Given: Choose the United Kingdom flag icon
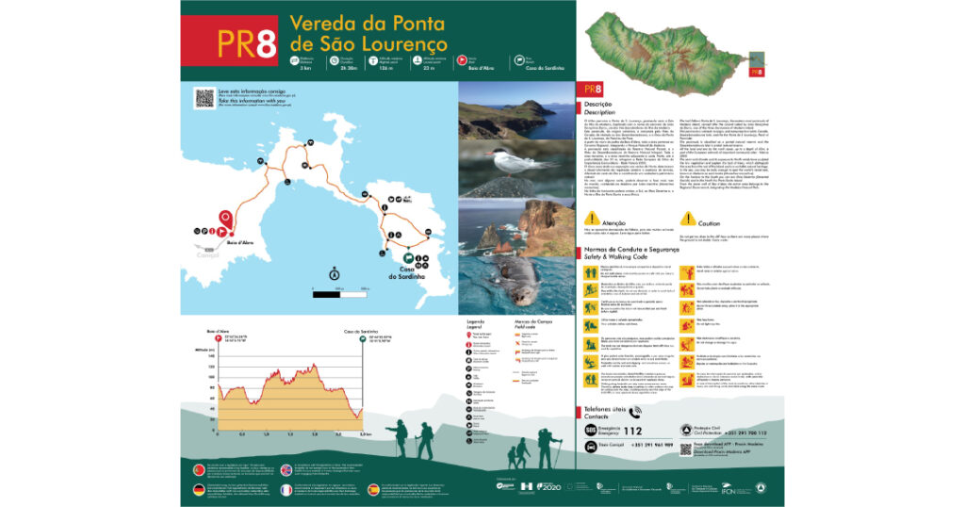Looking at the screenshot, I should (x=286, y=469).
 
